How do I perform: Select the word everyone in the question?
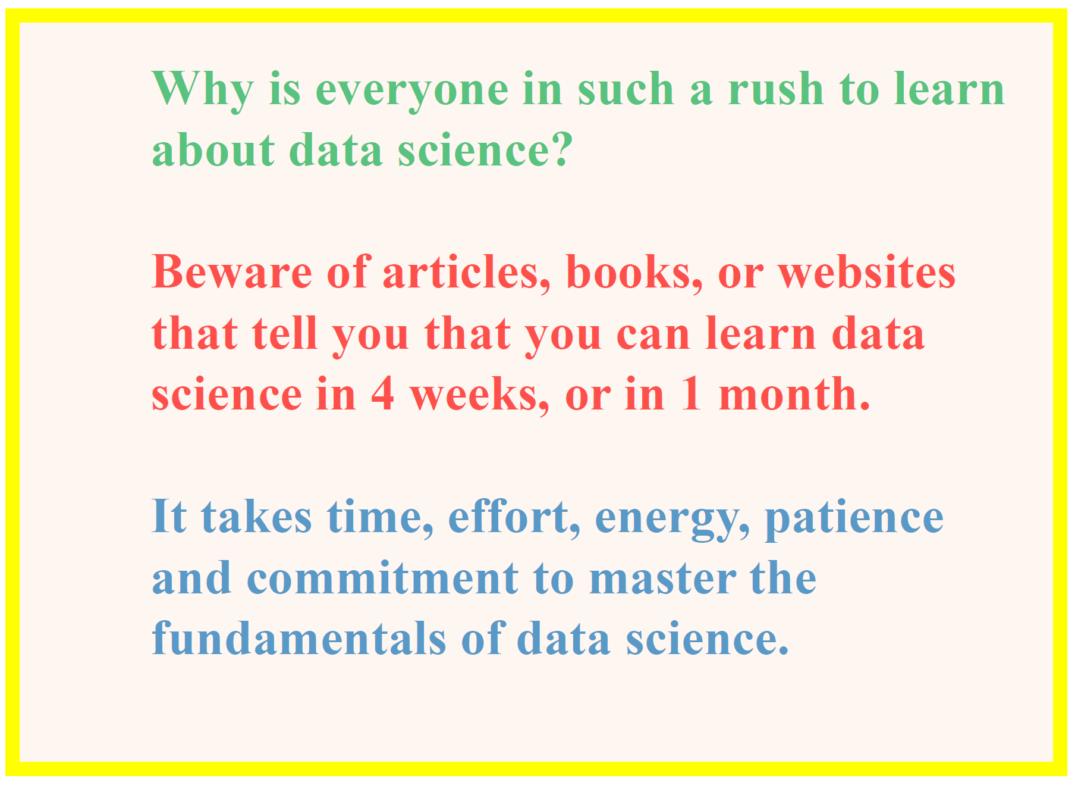[411, 93]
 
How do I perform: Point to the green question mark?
[560, 149]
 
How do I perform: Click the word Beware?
[232, 272]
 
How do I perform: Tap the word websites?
[867, 273]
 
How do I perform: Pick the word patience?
[854, 518]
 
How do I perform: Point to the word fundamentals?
[299, 637]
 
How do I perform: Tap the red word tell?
[285, 333]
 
